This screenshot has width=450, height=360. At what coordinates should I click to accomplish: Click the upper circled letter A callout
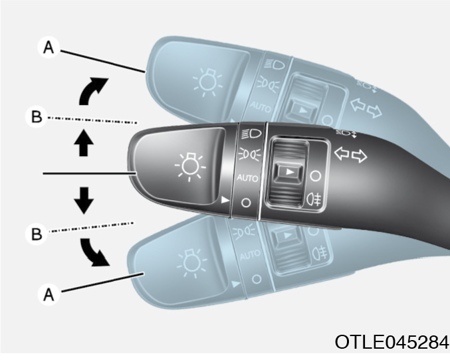tap(49, 47)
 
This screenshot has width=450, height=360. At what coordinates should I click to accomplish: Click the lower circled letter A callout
tap(49, 294)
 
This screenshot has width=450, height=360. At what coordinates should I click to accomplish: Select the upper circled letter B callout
tap(36, 117)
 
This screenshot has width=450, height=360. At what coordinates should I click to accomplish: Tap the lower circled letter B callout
tap(36, 234)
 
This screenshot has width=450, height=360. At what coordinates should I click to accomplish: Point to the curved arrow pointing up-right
tap(91, 90)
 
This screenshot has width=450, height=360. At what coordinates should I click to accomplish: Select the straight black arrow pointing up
tap(84, 143)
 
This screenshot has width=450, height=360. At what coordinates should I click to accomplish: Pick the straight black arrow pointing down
tap(84, 201)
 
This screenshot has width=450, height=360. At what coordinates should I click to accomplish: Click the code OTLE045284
tap(392, 342)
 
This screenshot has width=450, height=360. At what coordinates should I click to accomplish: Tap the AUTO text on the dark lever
tap(247, 178)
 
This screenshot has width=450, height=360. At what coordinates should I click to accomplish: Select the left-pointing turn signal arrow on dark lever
tap(342, 153)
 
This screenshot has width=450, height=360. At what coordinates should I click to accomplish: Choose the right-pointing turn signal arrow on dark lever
tap(360, 156)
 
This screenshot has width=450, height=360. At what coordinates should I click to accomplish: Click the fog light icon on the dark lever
tap(314, 199)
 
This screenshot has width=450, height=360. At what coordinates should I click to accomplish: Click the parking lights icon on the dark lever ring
tap(249, 154)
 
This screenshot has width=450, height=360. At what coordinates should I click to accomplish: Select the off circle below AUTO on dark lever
tap(246, 203)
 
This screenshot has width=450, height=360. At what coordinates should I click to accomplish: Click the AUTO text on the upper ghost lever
tap(260, 107)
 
